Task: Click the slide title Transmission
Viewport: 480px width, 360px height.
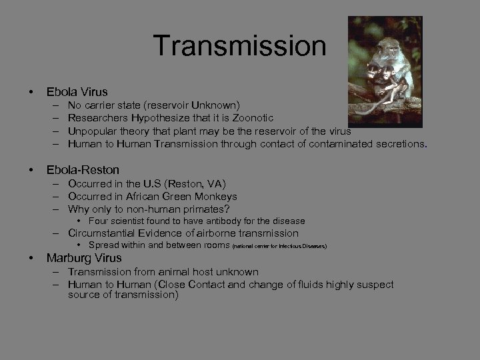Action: point(239,46)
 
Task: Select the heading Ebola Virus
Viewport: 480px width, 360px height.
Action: point(77,91)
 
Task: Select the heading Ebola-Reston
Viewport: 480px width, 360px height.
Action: point(83,170)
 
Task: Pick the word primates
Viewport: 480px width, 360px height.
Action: point(203,209)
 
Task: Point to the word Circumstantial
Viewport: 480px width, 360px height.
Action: point(107,233)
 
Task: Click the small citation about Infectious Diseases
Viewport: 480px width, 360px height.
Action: point(279,246)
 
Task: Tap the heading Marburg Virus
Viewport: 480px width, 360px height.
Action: point(84,258)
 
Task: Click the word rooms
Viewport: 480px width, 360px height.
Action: point(214,245)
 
